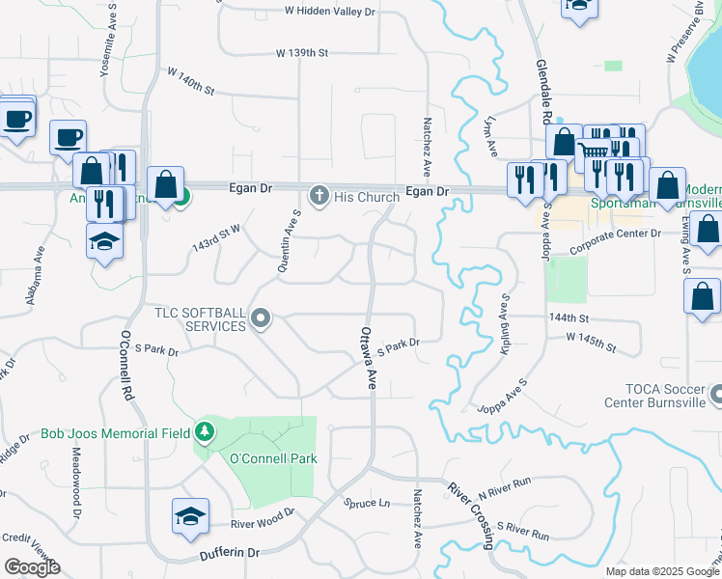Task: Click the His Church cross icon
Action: (319, 197)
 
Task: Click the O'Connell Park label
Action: (273, 458)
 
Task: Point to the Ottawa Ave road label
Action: (368, 357)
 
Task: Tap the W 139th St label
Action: (302, 52)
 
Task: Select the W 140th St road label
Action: (190, 80)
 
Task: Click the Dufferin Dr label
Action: (228, 553)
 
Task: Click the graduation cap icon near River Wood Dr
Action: (190, 516)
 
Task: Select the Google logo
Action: (31, 567)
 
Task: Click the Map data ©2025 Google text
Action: (662, 571)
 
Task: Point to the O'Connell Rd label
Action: (125, 367)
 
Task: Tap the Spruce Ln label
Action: (368, 503)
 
